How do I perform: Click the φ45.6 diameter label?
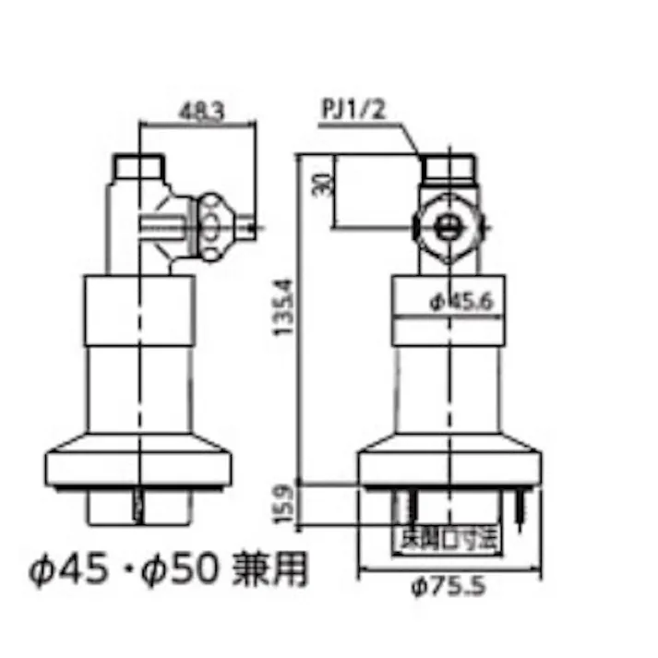tap(459, 300)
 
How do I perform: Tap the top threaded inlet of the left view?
tap(138, 167)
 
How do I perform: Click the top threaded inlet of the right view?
tap(448, 167)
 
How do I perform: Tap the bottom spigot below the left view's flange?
tap(138, 506)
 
